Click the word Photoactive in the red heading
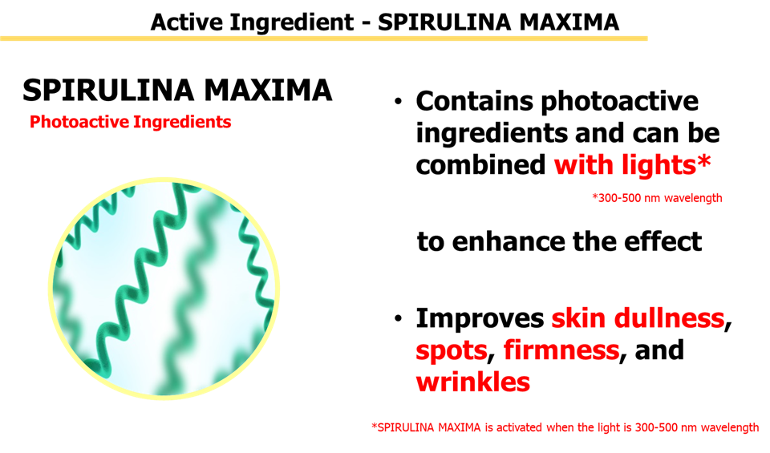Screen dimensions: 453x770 (x=79, y=122)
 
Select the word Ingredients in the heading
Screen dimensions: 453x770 (x=182, y=122)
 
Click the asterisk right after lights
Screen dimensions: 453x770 (x=703, y=163)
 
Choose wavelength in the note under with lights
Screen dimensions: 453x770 (x=693, y=198)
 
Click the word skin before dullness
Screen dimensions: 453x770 (x=579, y=318)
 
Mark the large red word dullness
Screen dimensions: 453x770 (x=669, y=318)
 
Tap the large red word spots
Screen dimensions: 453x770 (x=452, y=350)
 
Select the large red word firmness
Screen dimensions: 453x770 (x=561, y=350)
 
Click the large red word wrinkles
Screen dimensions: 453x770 (x=472, y=382)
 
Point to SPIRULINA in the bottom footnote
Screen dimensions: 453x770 (x=403, y=428)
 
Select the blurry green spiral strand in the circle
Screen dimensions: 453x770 (x=197, y=305)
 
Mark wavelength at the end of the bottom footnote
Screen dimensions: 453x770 (x=729, y=428)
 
